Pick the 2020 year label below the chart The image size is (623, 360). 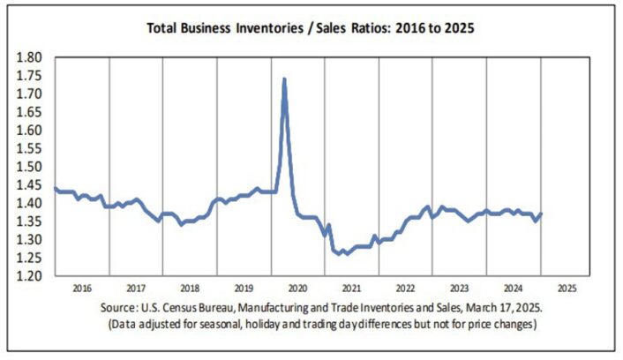pyautogui.click(x=296, y=288)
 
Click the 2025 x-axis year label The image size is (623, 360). pyautogui.click(x=567, y=288)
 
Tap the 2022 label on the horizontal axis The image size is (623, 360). pyautogui.click(x=405, y=288)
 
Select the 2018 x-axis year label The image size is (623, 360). pyautogui.click(x=189, y=288)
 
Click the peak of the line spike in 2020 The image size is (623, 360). pyautogui.click(x=283, y=79)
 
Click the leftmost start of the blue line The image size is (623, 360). pyautogui.click(x=55, y=188)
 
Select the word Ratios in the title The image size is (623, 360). pyautogui.click(x=364, y=27)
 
